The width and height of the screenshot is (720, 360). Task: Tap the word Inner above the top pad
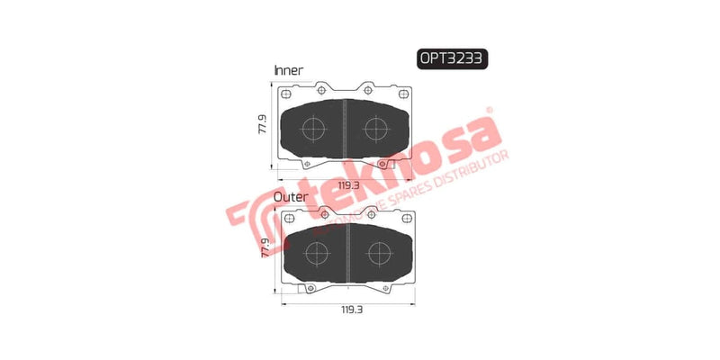coord(288,69)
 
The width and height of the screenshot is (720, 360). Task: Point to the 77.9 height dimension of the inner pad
coord(262,125)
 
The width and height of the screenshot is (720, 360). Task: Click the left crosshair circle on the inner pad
coord(313,130)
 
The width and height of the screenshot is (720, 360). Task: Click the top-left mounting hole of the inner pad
coord(286,93)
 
